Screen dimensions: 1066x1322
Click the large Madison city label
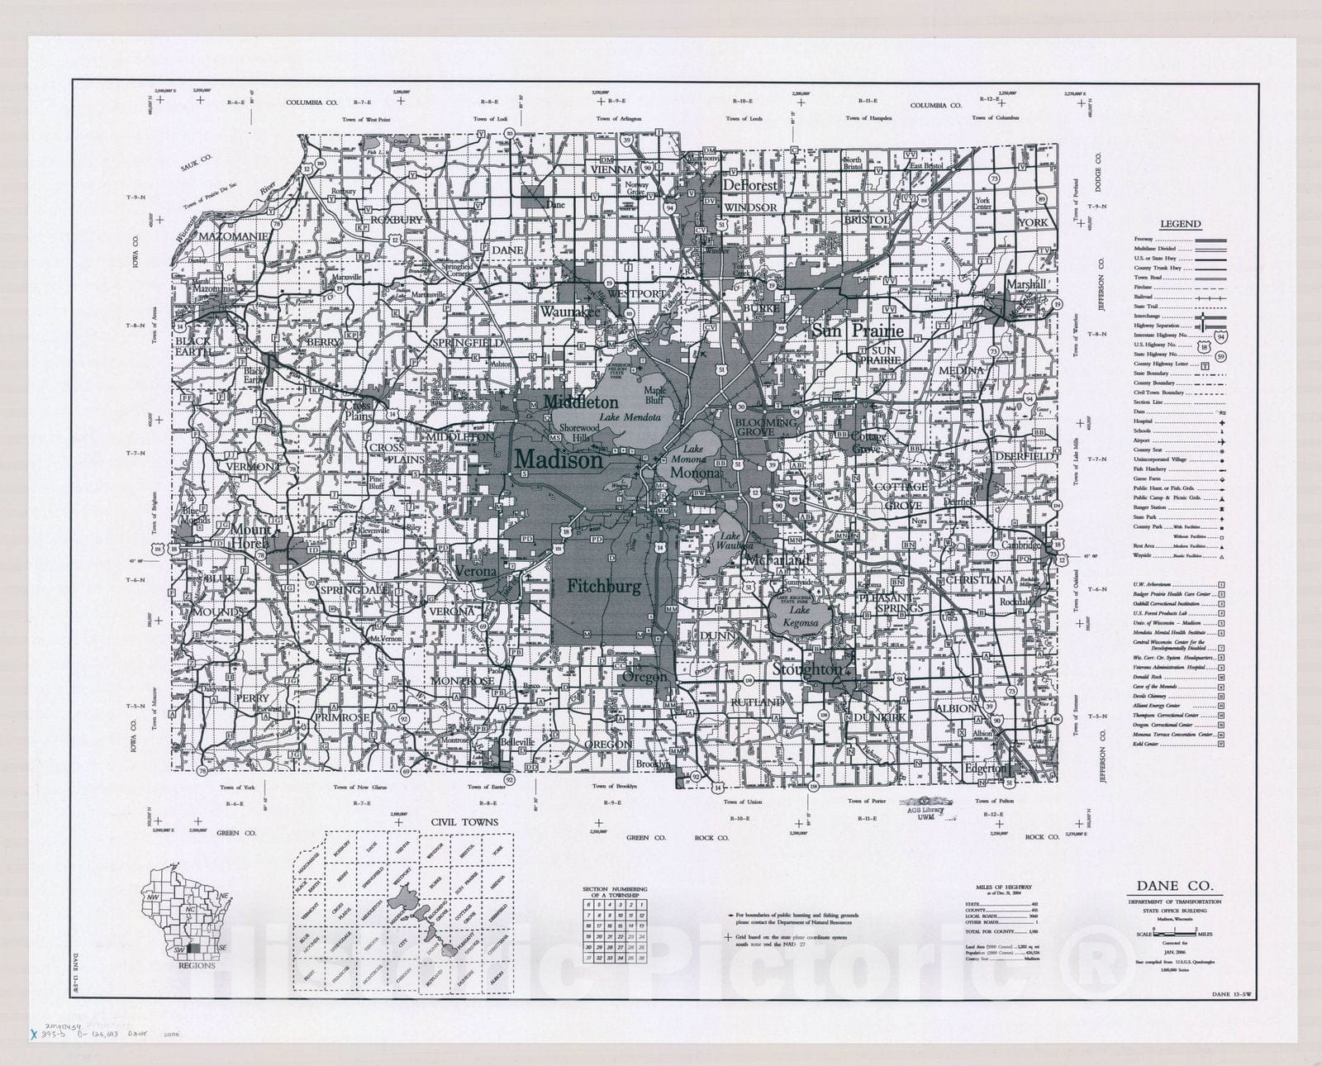click(x=559, y=460)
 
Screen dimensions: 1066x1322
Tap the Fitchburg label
click(x=603, y=587)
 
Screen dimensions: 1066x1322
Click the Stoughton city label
click(x=807, y=669)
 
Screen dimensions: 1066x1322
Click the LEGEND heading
click(x=1180, y=224)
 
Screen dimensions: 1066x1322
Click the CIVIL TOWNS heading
click(x=464, y=821)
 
